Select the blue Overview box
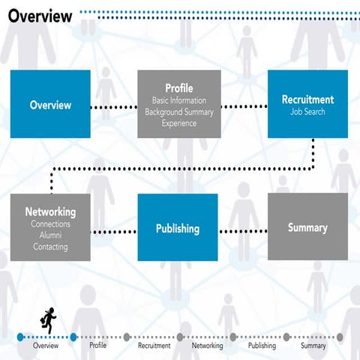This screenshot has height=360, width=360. (x=50, y=105)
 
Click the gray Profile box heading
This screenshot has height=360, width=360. (x=178, y=88)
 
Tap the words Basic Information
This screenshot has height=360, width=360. (x=178, y=100)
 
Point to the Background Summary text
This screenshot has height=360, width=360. (x=178, y=112)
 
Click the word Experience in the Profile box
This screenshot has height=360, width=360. (x=178, y=123)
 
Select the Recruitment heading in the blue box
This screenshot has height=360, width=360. (x=307, y=99)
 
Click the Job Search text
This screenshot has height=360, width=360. (x=307, y=112)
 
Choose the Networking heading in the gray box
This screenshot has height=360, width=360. (x=50, y=212)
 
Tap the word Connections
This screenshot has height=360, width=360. (x=50, y=224)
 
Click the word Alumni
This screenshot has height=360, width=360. (x=50, y=235)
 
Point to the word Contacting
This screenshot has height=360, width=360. (x=50, y=247)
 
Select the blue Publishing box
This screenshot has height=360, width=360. (x=178, y=228)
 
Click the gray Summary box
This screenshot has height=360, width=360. (x=307, y=227)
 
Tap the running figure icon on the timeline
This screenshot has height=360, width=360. (x=47, y=320)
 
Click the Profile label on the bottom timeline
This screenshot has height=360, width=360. (x=98, y=346)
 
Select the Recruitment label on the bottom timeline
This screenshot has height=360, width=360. (x=154, y=346)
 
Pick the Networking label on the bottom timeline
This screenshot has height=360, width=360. (x=207, y=346)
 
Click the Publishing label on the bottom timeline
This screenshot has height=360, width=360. (x=262, y=346)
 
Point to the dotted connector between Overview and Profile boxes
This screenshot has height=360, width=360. (x=114, y=107)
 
